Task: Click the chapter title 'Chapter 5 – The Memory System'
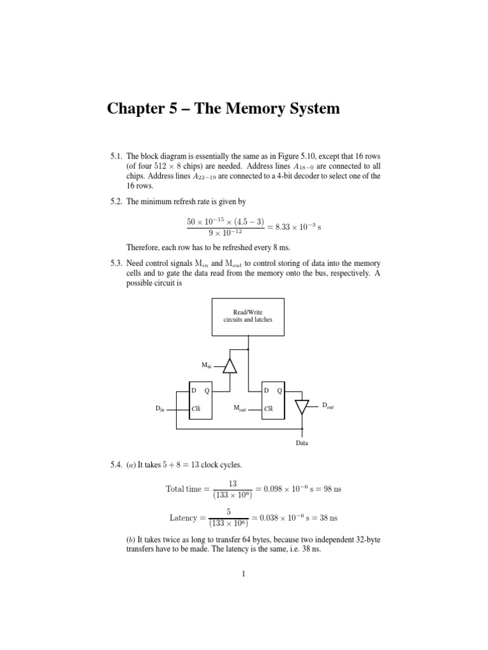[x=223, y=109]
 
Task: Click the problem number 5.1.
[x=116, y=156]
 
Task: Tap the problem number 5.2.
[x=116, y=201]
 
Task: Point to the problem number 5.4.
[x=116, y=465]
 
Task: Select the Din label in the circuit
[x=159, y=409]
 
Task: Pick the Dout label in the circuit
[x=328, y=405]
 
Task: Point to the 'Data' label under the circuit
[x=302, y=442]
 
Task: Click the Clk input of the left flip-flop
[x=196, y=409]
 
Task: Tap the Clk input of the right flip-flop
[x=269, y=409]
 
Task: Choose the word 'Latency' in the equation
[x=184, y=518]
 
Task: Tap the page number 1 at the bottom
[x=243, y=574]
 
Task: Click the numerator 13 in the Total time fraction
[x=232, y=484]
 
